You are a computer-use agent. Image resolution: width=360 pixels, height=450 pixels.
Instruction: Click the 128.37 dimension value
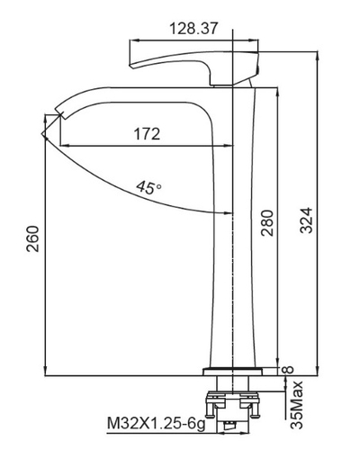193,29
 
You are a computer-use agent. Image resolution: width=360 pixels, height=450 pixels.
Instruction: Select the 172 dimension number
147,134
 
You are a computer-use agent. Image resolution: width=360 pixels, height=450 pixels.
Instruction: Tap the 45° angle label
148,187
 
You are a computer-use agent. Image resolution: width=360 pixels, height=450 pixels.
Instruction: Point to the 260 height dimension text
33,239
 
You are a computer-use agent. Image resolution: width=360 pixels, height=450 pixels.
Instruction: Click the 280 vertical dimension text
266,223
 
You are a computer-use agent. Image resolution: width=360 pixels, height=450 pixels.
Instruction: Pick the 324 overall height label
306,220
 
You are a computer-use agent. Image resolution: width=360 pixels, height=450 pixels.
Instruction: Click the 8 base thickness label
289,370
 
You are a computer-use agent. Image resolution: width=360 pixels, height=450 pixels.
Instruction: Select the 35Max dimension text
297,405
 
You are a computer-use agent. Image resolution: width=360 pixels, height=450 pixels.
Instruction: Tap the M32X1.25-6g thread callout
157,424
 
